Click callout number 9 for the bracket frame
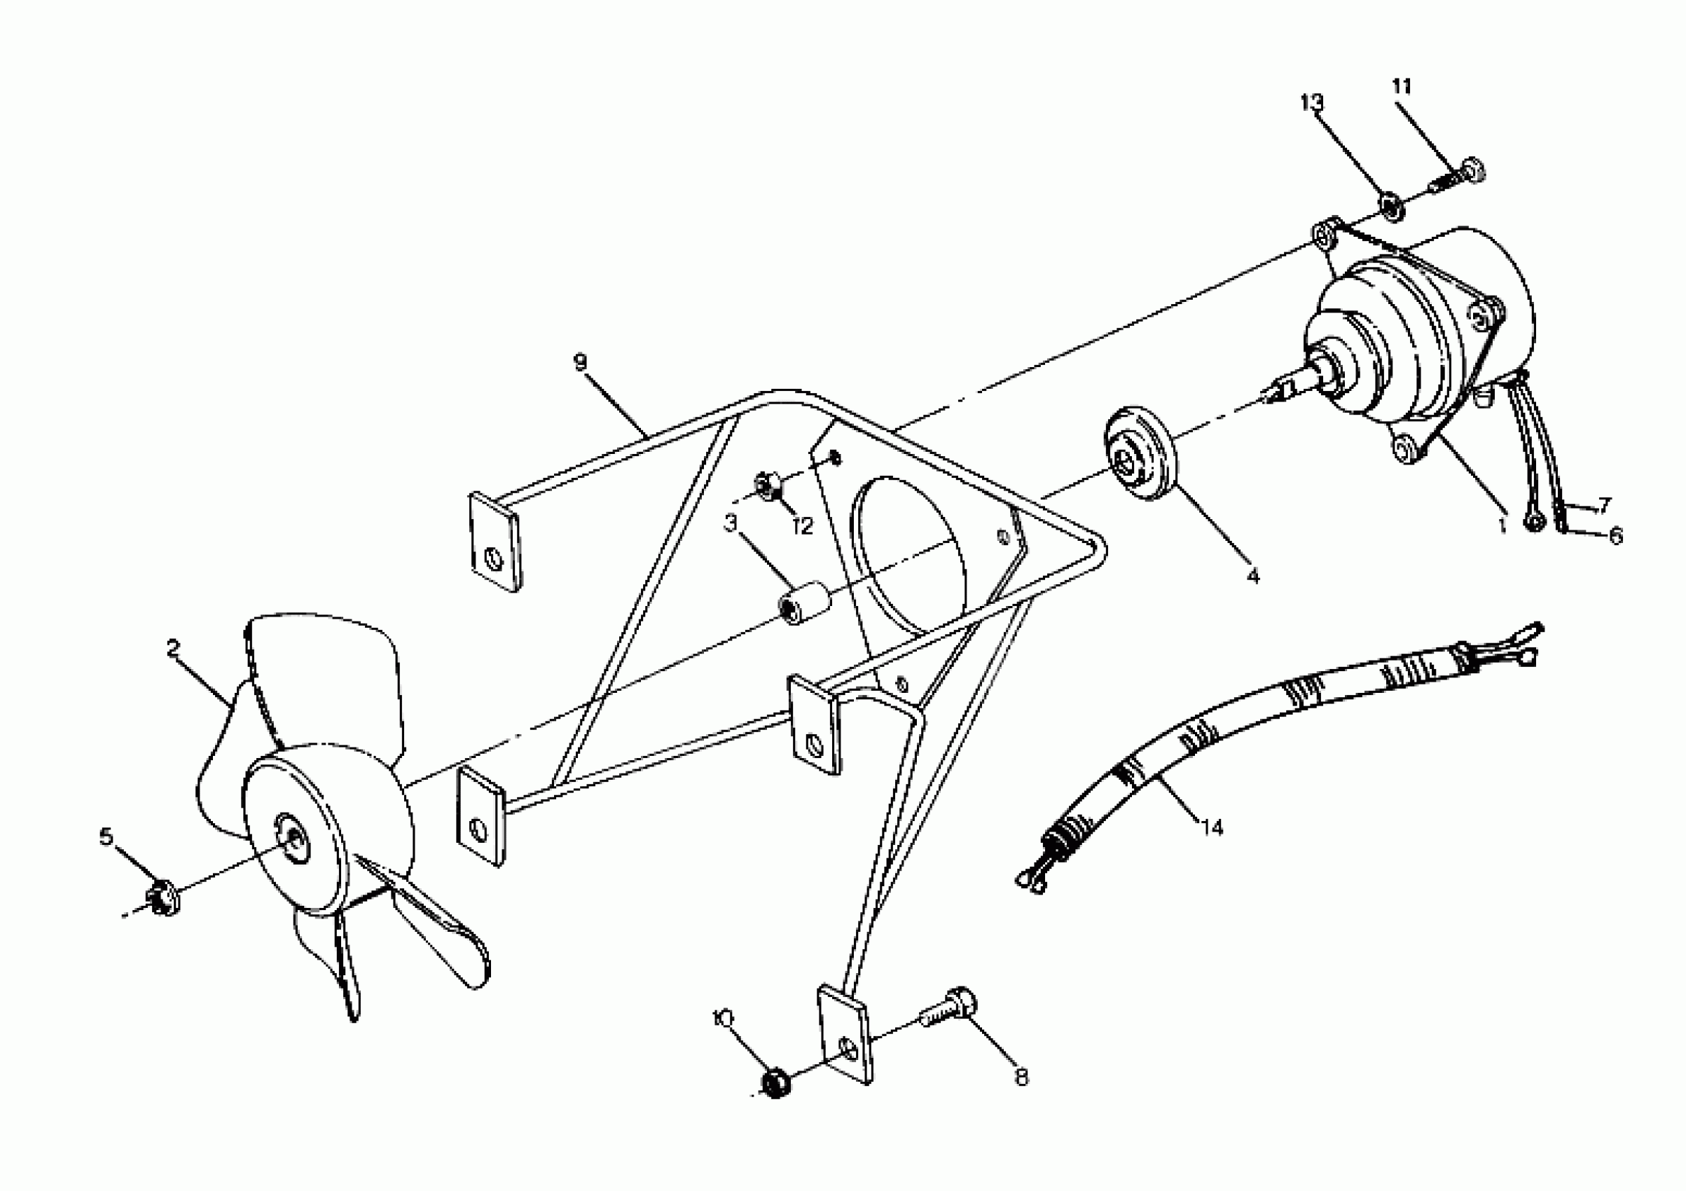[581, 362]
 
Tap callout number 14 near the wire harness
[1212, 827]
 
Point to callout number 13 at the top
[1311, 103]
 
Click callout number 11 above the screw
[1401, 87]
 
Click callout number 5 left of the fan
[107, 837]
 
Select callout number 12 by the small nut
[803, 525]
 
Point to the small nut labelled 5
[162, 900]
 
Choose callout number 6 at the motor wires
[1615, 535]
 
